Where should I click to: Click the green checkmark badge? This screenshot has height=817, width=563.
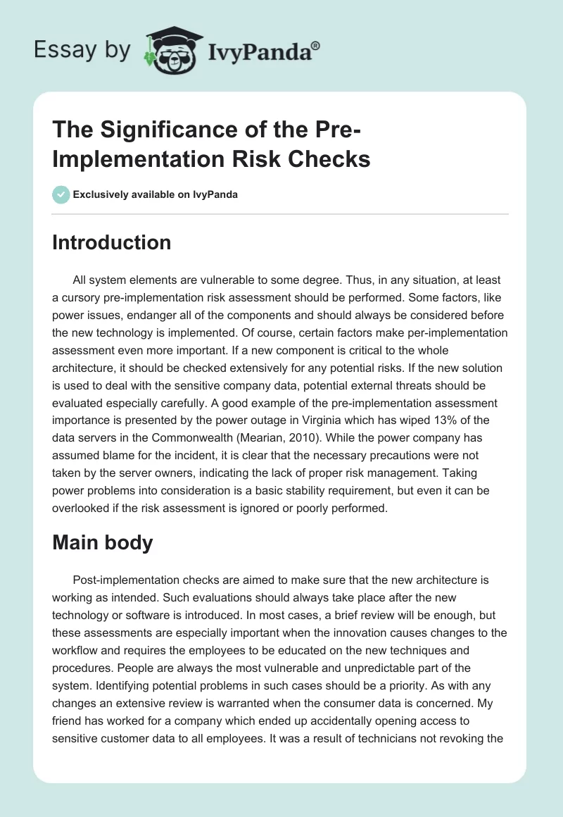[61, 194]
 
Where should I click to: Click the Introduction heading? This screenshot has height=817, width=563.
[112, 242]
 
